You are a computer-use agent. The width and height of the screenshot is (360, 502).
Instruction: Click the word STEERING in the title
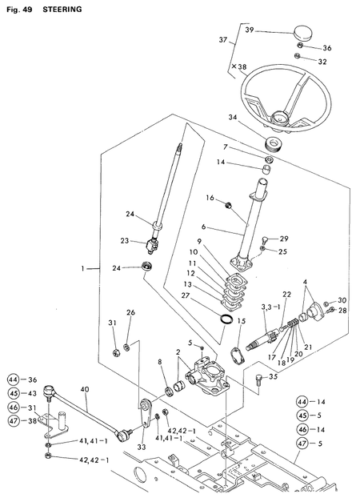[x=62, y=9]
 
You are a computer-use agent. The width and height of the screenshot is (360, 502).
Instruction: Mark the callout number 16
[x=210, y=197]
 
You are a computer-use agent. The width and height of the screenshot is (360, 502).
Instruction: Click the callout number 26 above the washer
[x=131, y=312]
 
